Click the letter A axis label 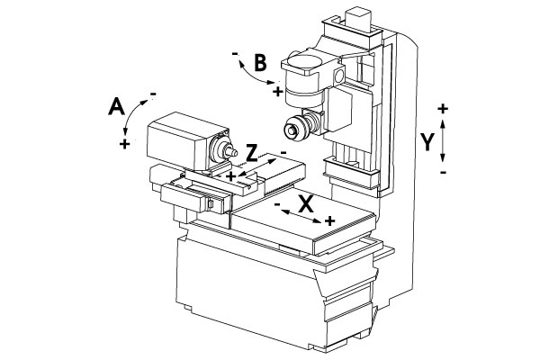[116, 106]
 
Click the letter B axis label [260, 63]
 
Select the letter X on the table [305, 204]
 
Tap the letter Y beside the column [427, 142]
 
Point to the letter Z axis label [252, 153]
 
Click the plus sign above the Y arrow [443, 109]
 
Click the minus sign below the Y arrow [443, 172]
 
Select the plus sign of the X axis [330, 220]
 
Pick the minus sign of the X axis [277, 204]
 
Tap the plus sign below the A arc [125, 144]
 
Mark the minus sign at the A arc [153, 94]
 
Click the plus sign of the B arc [277, 92]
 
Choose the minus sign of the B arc [235, 54]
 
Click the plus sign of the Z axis [231, 176]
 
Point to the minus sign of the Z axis [283, 152]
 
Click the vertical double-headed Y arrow [443, 140]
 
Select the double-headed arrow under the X [301, 216]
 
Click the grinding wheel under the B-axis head [295, 128]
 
